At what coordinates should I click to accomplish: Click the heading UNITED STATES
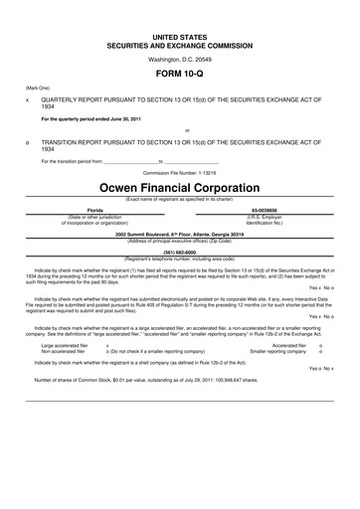(x=179, y=35)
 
